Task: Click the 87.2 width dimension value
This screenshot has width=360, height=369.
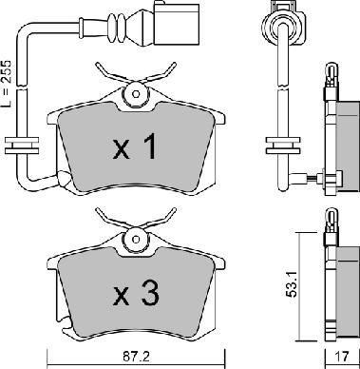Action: click(137, 358)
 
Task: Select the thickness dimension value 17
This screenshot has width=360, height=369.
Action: click(342, 357)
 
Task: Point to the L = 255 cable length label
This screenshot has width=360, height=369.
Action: click(7, 84)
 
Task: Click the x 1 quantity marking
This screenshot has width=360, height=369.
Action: click(135, 146)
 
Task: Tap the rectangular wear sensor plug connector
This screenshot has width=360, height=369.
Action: click(176, 24)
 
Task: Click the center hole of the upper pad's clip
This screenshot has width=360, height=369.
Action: click(136, 94)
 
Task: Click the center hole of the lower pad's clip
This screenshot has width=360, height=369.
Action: click(136, 239)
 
